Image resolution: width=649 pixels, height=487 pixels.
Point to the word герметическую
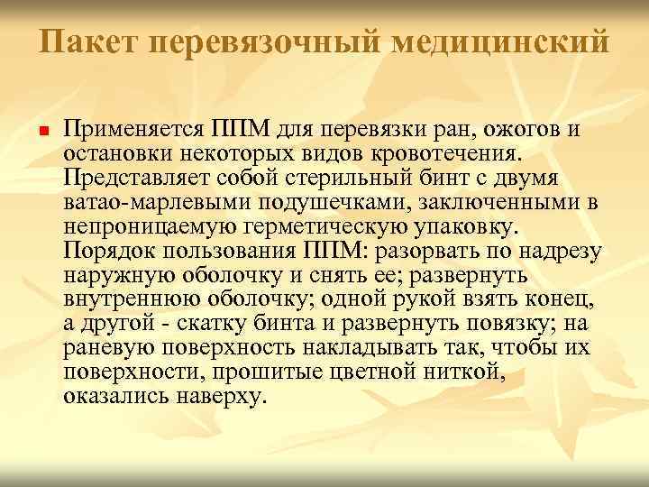coord(326,225)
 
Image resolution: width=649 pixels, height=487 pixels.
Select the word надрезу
coord(564,250)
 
